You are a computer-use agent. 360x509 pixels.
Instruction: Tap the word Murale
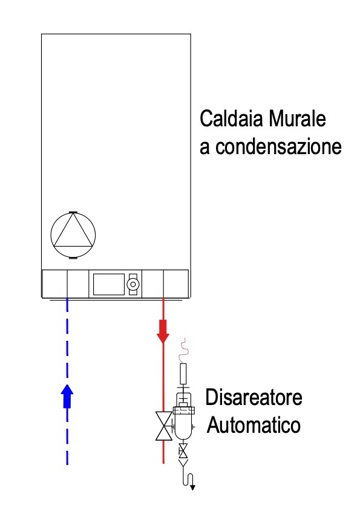(x=297, y=118)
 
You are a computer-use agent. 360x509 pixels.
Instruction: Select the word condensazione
(x=278, y=146)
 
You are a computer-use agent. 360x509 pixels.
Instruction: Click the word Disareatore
(x=254, y=397)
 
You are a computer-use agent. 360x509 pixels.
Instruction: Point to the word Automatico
(x=254, y=425)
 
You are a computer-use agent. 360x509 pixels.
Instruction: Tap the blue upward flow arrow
(x=67, y=396)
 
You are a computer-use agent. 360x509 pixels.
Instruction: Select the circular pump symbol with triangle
(x=73, y=235)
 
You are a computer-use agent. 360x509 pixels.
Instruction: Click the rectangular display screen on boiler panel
(x=109, y=284)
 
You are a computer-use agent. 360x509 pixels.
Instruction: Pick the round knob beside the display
(x=133, y=284)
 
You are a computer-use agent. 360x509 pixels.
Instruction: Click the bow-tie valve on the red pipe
(x=164, y=426)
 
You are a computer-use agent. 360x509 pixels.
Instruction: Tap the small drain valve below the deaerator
(x=183, y=451)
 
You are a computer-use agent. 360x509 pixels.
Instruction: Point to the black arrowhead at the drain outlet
(x=192, y=487)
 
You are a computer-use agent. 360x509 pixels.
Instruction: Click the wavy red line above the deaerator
(x=183, y=350)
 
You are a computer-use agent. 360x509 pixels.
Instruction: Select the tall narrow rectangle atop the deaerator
(x=183, y=374)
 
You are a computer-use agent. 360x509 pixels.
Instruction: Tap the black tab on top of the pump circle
(x=73, y=212)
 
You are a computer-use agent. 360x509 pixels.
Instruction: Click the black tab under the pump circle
(x=73, y=258)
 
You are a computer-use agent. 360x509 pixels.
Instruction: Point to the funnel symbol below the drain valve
(x=183, y=462)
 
